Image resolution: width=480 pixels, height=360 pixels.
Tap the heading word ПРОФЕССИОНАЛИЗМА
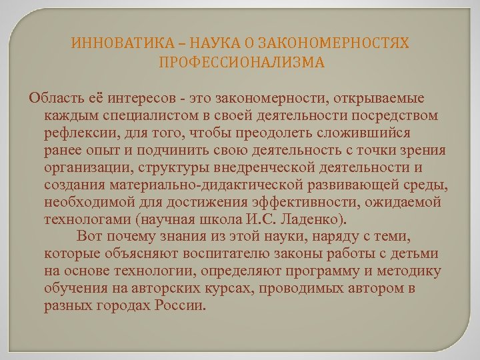click(x=241, y=63)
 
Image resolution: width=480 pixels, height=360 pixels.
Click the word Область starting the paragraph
click(x=53, y=99)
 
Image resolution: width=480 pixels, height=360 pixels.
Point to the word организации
click(x=83, y=167)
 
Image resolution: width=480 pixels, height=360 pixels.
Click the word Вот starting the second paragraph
click(x=87, y=236)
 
